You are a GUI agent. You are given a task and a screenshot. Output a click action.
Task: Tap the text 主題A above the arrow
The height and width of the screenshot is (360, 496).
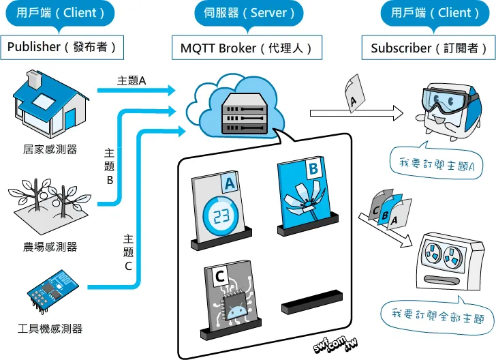131,80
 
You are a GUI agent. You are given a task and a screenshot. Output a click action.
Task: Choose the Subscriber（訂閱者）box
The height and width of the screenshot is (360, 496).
429,48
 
